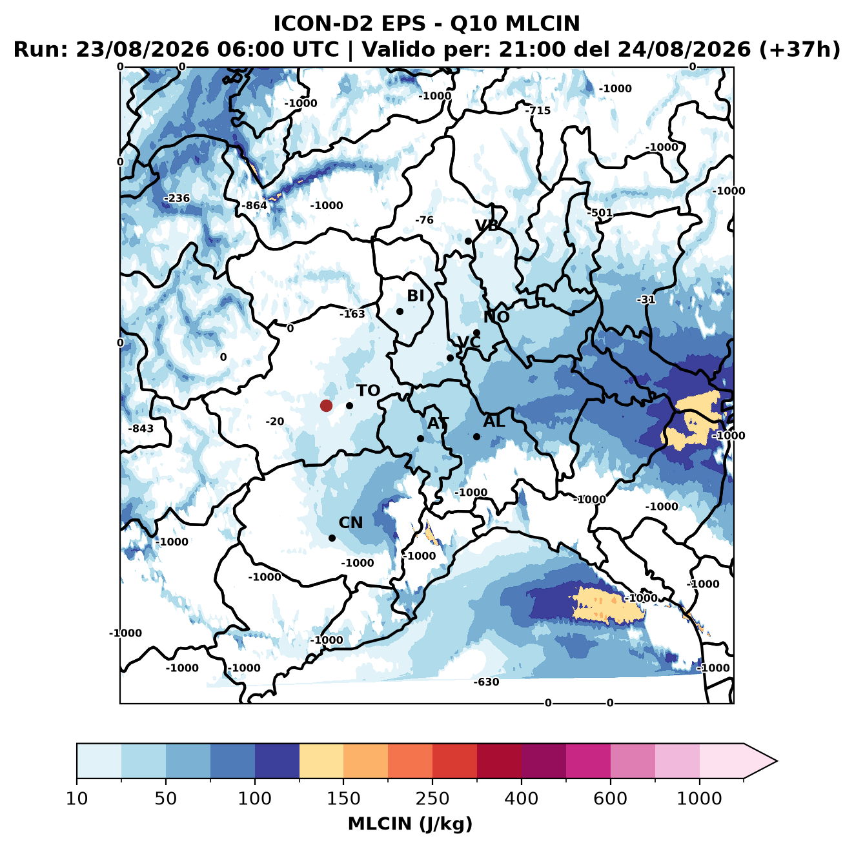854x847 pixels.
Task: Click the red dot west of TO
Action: click(326, 405)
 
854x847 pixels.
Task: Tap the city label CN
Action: click(351, 523)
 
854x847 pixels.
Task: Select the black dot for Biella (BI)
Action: click(400, 312)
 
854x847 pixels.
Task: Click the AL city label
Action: click(494, 421)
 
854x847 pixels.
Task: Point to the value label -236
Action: click(177, 198)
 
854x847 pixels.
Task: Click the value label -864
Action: click(254, 205)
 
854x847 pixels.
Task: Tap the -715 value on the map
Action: click(538, 110)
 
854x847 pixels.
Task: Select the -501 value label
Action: click(600, 213)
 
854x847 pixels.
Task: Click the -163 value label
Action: click(352, 314)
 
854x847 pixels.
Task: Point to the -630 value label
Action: click(486, 682)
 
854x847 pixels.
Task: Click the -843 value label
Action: click(141, 429)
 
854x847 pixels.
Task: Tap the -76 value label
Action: click(424, 220)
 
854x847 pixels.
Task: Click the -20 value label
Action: click(275, 422)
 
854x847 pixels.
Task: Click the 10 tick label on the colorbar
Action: click(77, 799)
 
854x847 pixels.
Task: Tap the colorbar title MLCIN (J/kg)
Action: click(411, 824)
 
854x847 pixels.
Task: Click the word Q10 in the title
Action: click(474, 24)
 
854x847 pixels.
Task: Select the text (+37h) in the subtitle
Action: click(799, 50)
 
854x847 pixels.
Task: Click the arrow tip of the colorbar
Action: click(777, 761)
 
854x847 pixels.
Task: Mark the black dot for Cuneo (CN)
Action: click(332, 538)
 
